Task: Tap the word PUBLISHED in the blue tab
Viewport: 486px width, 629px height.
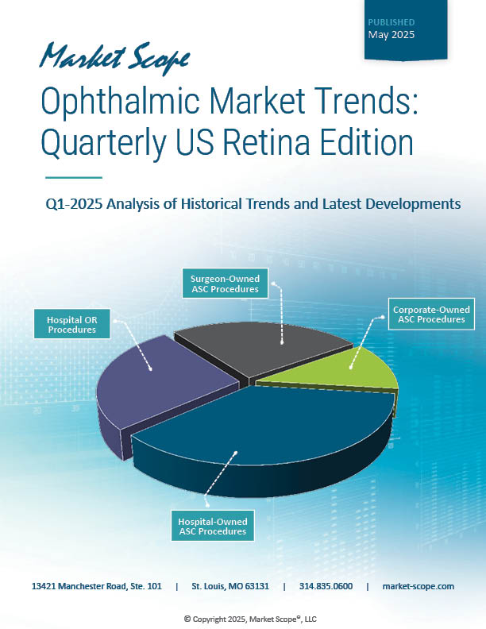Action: tap(391, 22)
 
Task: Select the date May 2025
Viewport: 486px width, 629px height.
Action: tap(391, 35)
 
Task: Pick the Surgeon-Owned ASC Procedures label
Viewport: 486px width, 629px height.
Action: tap(225, 283)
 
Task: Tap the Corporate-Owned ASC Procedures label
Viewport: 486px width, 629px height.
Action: tap(431, 314)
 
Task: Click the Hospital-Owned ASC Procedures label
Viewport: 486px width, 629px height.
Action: tap(212, 526)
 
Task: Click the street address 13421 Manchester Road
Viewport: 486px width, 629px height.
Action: tap(97, 586)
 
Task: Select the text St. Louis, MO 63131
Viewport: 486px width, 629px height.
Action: tap(230, 586)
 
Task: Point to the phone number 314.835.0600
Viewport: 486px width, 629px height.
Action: tap(326, 586)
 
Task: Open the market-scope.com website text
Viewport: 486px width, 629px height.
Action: tap(418, 586)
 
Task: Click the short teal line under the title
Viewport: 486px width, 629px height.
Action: tap(74, 177)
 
